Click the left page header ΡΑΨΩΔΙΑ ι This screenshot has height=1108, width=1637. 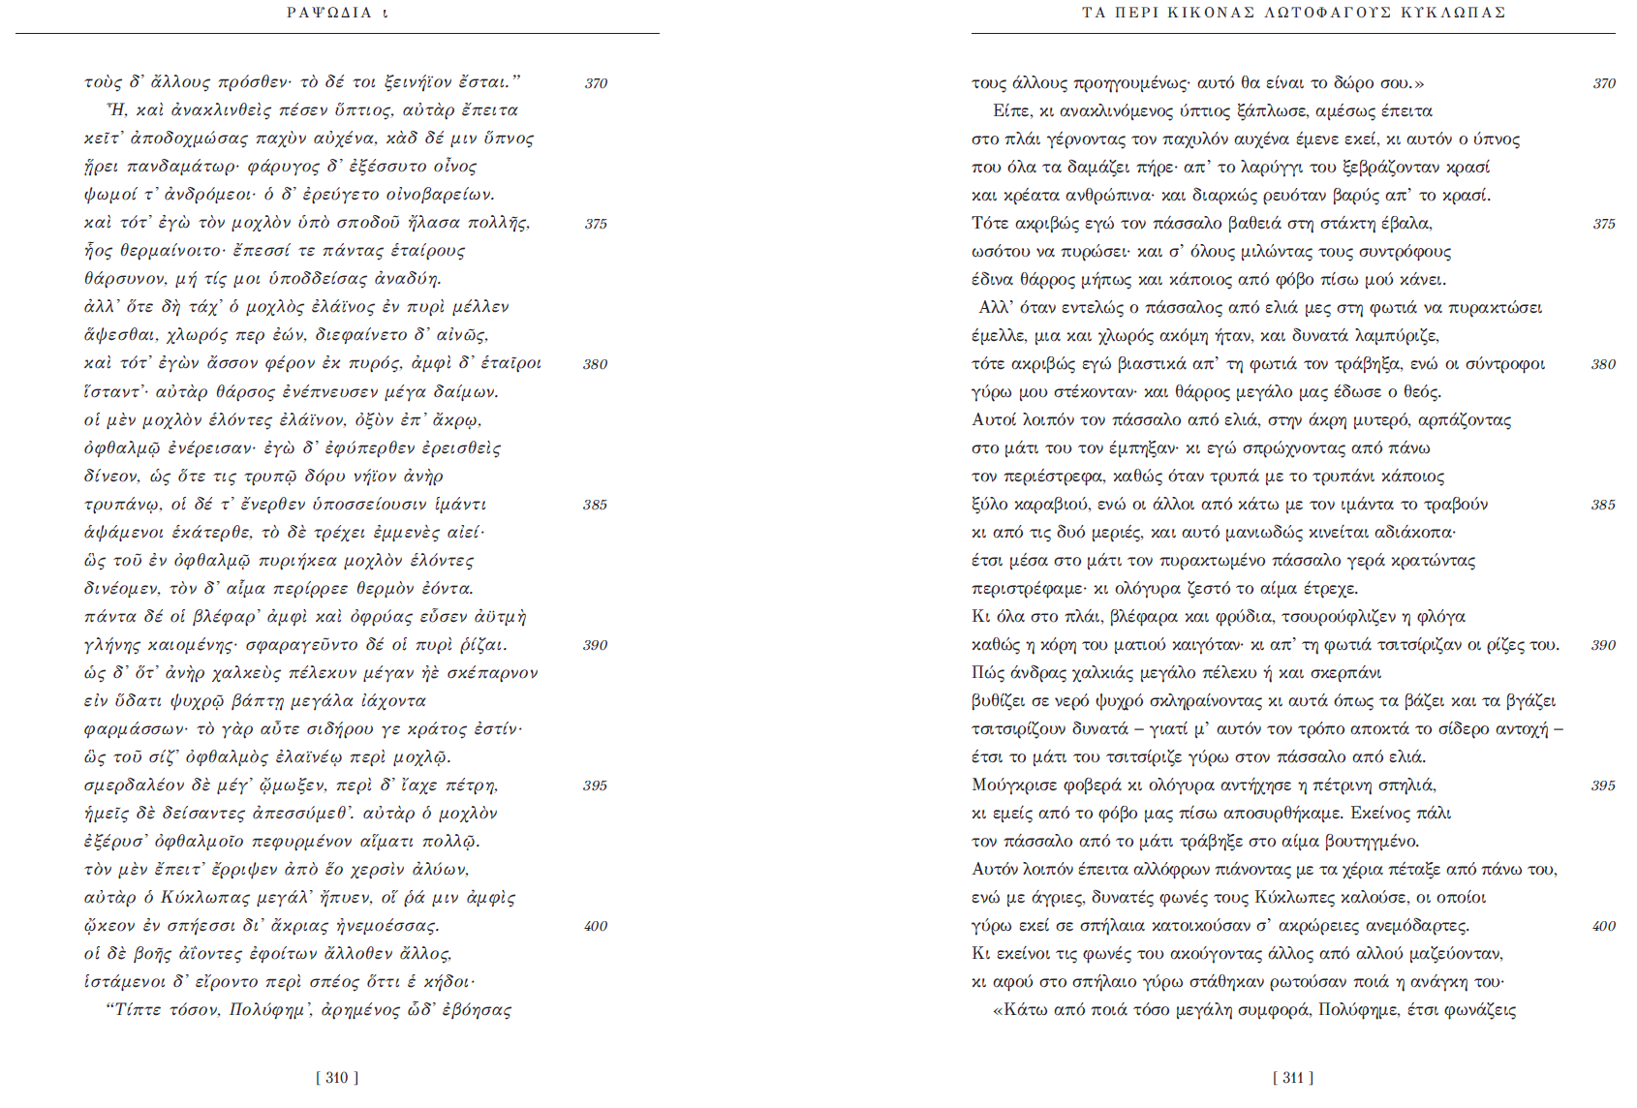pos(337,13)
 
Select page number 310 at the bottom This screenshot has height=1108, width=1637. pos(337,1078)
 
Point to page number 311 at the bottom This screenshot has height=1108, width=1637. pos(1293,1078)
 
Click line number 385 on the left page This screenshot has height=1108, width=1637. pos(595,505)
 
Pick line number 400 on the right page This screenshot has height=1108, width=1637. pos(1603,926)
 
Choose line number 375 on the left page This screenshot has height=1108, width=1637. pos(596,224)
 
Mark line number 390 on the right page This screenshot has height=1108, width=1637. pos(1603,645)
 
